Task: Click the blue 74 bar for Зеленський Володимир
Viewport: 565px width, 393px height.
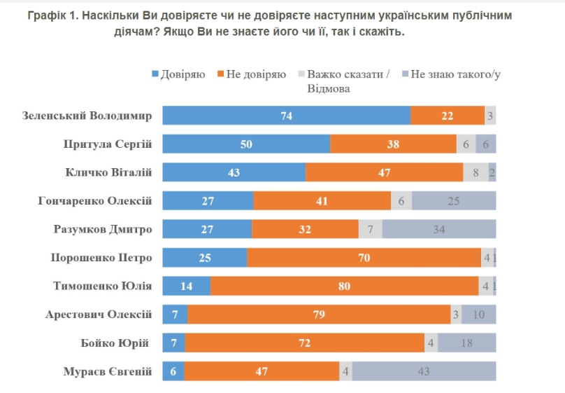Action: click(286, 116)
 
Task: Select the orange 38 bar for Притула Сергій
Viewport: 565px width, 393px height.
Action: click(393, 144)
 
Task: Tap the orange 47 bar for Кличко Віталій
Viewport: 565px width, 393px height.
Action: click(384, 172)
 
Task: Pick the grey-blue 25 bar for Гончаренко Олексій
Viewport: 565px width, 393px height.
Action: click(453, 201)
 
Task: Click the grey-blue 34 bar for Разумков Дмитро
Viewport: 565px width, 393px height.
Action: click(438, 229)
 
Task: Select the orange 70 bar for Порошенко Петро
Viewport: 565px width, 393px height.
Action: click(364, 258)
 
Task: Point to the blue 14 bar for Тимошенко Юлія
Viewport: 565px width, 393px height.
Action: click(186, 286)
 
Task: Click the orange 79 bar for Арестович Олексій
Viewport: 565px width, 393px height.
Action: click(319, 315)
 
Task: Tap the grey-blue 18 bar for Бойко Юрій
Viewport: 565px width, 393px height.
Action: click(466, 343)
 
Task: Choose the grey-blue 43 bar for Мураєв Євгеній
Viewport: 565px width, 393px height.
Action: click(424, 371)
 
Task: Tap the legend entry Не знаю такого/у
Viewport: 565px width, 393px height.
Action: click(455, 74)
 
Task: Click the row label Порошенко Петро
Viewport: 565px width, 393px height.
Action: click(101, 258)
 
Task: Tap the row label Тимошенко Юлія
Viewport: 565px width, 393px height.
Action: click(103, 286)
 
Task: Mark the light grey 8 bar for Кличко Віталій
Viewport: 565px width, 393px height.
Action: click(475, 172)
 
